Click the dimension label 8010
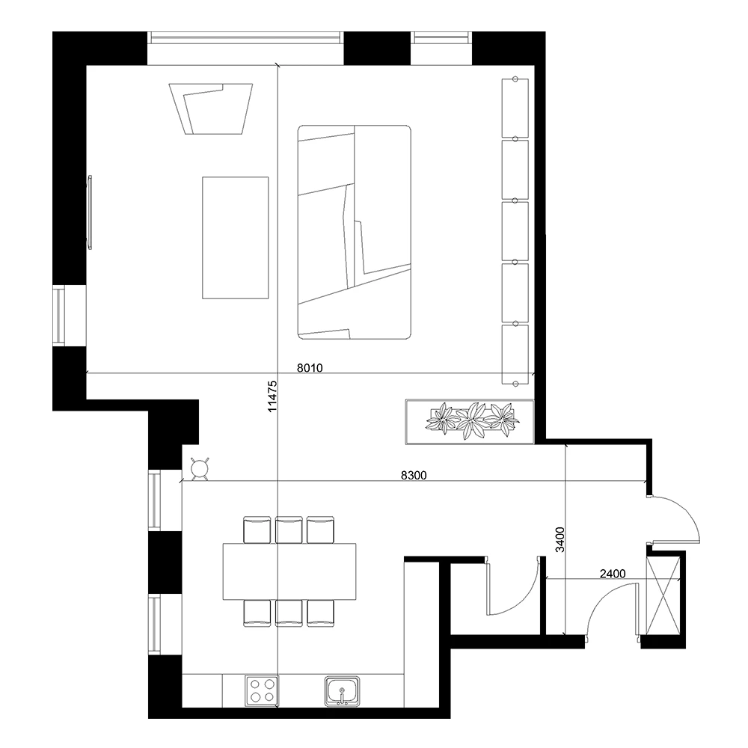(x=310, y=367)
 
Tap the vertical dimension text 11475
(x=272, y=396)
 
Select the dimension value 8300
(x=415, y=475)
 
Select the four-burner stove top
(x=262, y=690)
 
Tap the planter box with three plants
(x=470, y=422)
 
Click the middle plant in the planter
(x=471, y=422)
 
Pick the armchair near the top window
(x=212, y=109)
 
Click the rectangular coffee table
(x=235, y=238)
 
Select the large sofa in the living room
(x=355, y=232)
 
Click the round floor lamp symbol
(x=200, y=469)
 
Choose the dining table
(x=289, y=571)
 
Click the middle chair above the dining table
(x=288, y=530)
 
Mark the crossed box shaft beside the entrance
(x=664, y=596)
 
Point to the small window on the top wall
(x=443, y=37)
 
